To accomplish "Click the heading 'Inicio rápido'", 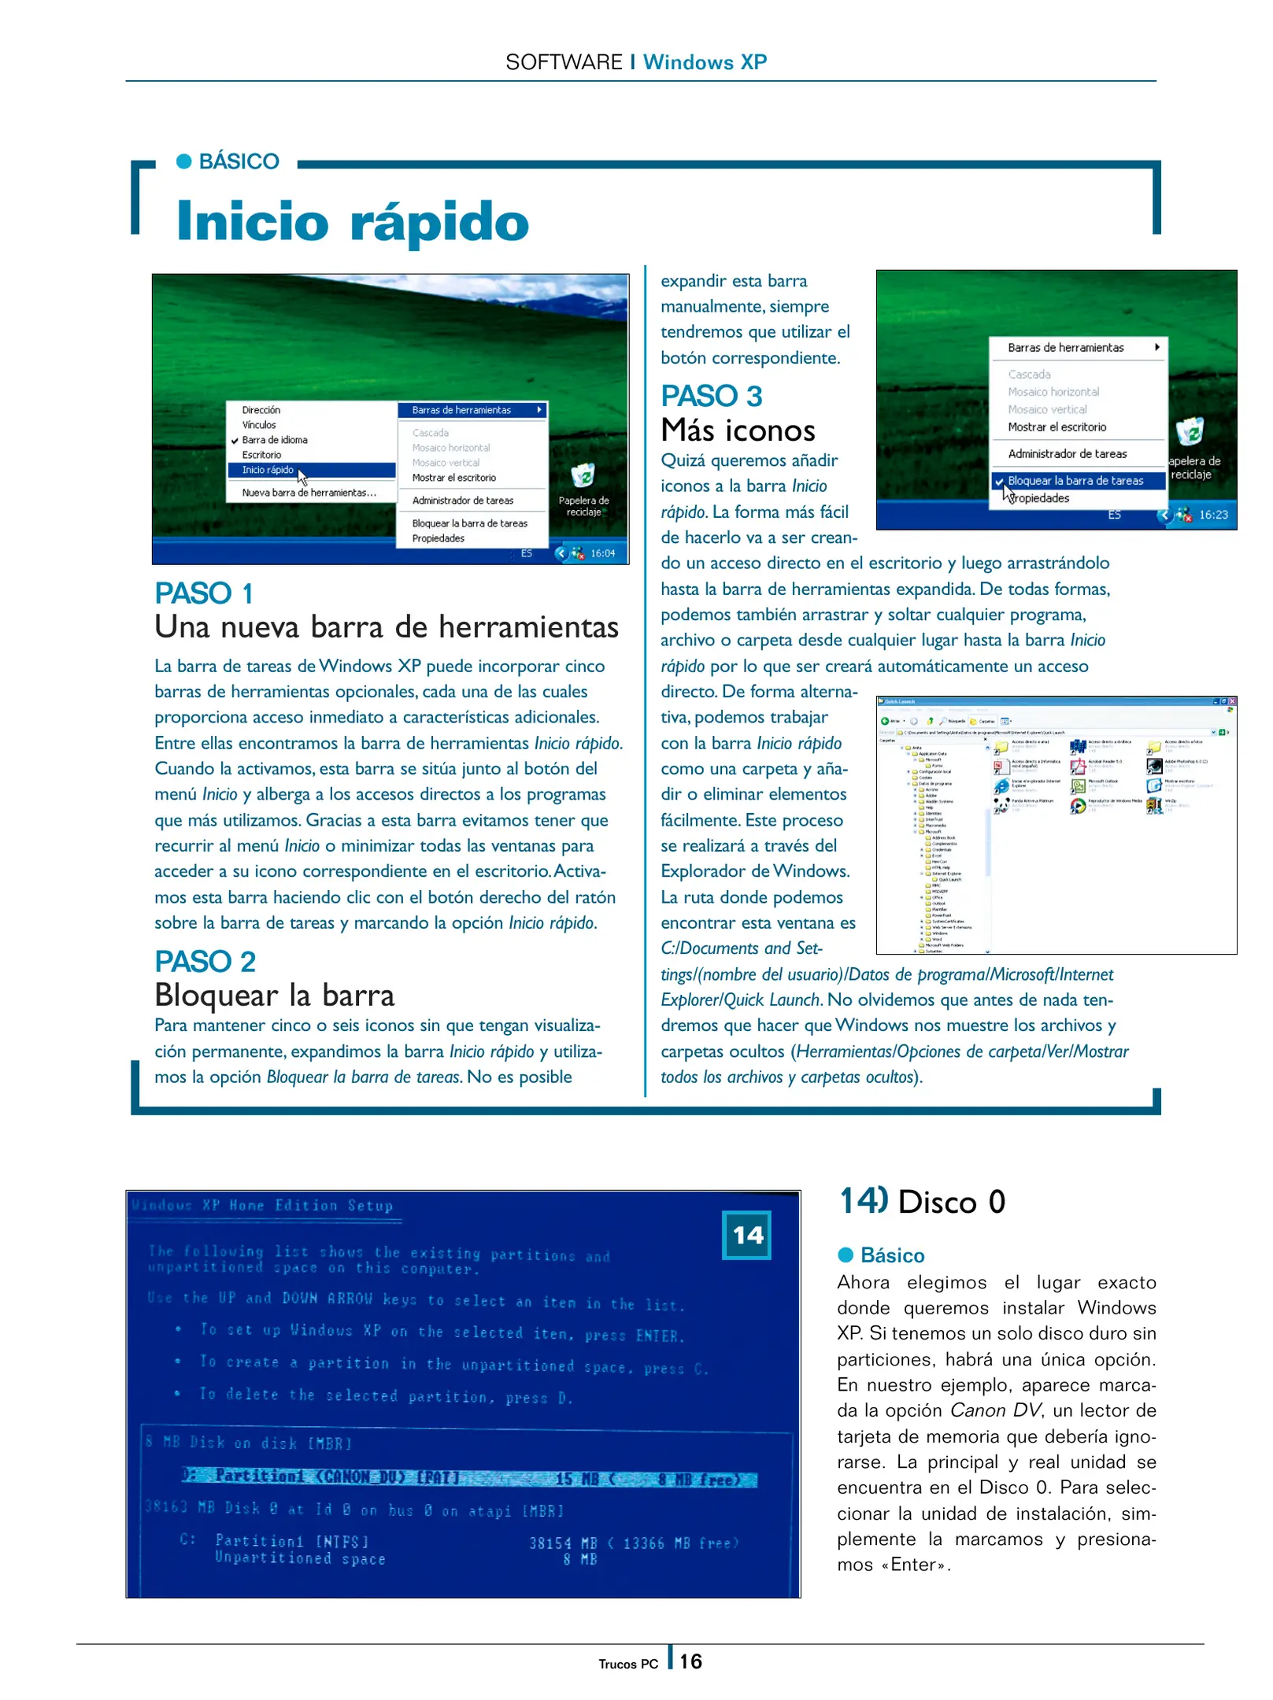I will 352,221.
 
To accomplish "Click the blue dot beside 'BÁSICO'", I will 184,161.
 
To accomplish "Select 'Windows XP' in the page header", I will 705,62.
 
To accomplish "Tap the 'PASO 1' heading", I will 203,593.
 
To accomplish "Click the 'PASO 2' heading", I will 205,962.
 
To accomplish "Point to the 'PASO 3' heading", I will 711,396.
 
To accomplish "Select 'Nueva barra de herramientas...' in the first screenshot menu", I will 309,493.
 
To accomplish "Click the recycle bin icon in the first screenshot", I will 583,475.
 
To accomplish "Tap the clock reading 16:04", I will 602,553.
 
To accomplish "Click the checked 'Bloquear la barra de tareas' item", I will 1075,481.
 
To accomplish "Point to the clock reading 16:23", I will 1213,515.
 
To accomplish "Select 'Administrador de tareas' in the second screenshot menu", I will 1067,454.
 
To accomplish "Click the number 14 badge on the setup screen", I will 746,1235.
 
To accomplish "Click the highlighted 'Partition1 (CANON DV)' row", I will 468,1477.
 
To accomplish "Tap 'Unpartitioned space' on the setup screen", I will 300,1558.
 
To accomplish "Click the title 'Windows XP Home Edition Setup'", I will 263,1206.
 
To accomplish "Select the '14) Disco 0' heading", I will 922,1202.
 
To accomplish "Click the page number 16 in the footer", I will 690,1661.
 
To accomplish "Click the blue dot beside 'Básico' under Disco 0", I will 846,1255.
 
